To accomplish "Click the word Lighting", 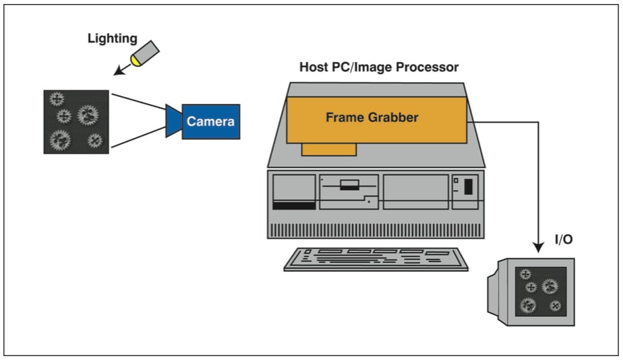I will (111, 38).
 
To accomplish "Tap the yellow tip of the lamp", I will (138, 61).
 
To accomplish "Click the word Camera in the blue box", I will (210, 121).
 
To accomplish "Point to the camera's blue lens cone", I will (173, 121).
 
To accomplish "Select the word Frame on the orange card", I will (343, 117).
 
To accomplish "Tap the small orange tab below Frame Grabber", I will (328, 149).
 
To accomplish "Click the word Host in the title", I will (314, 67).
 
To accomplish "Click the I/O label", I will (564, 239).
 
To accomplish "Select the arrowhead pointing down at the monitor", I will (538, 248).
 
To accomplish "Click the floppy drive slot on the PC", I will (349, 186).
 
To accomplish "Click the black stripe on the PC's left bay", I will (293, 205).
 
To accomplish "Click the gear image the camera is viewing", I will (76, 121).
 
